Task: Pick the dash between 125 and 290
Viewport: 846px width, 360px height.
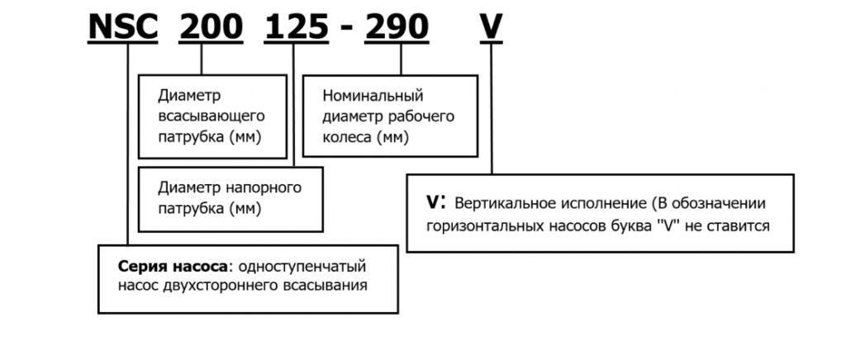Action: coord(347,30)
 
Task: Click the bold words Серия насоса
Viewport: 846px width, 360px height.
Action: coord(168,266)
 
